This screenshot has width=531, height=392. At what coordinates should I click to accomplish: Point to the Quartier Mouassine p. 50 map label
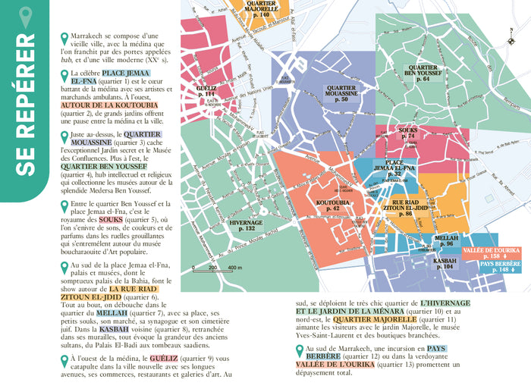coord(341,94)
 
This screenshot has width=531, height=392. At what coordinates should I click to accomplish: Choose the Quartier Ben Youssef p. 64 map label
coord(423,74)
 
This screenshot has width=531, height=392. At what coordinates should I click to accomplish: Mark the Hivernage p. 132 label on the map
coord(246,225)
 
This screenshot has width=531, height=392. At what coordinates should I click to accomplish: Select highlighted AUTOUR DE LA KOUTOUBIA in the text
coord(108,105)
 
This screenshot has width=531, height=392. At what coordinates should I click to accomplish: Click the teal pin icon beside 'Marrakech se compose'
coord(64,37)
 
